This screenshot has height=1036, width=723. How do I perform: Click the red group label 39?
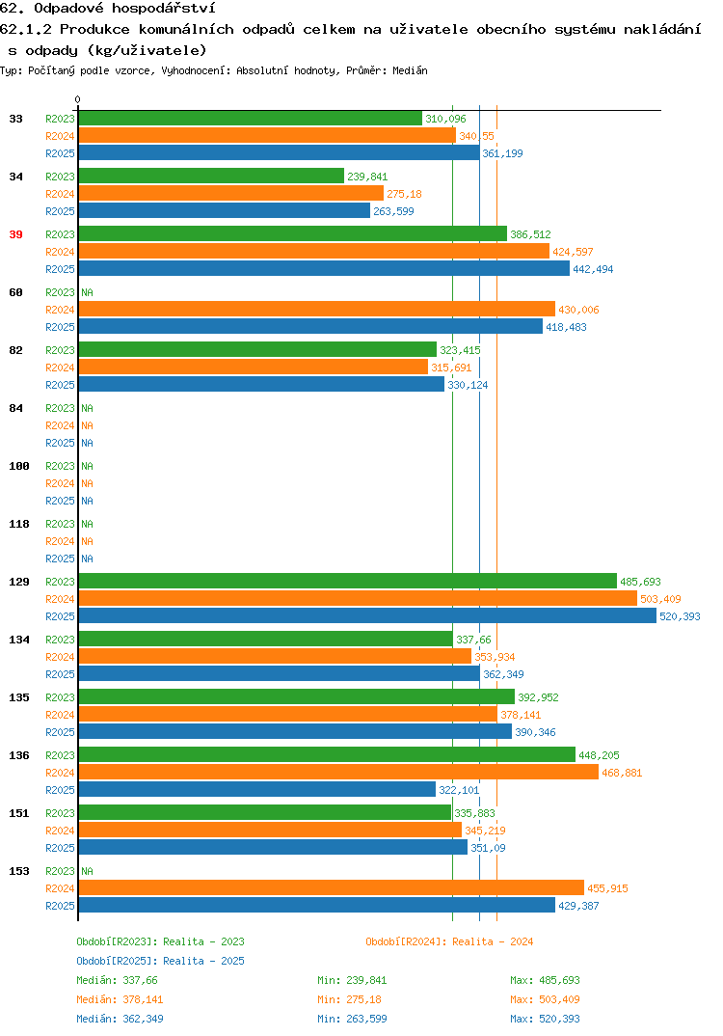[15, 234]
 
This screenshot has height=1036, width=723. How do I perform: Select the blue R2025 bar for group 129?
[368, 615]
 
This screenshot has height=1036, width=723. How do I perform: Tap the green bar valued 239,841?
[211, 176]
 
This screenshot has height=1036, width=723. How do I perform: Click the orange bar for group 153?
[332, 888]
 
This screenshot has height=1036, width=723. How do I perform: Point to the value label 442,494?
[593, 269]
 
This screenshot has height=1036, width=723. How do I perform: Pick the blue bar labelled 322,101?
[256, 790]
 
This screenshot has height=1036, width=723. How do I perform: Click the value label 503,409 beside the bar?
[660, 599]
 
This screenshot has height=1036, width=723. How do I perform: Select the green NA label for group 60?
[87, 292]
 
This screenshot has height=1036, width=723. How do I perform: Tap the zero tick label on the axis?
[78, 99]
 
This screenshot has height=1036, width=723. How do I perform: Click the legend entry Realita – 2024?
[449, 941]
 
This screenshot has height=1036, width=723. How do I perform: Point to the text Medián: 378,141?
[120, 999]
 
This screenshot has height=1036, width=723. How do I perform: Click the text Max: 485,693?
[545, 980]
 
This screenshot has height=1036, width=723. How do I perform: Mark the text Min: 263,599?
[352, 1019]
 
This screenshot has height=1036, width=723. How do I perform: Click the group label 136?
[19, 755]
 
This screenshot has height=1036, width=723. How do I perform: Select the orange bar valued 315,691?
[254, 367]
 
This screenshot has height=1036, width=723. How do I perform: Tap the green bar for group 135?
[297, 696]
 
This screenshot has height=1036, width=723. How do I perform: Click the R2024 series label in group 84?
[60, 425]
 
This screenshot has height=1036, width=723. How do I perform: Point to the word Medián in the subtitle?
[410, 70]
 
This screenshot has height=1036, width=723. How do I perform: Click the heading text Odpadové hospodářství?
[124, 9]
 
